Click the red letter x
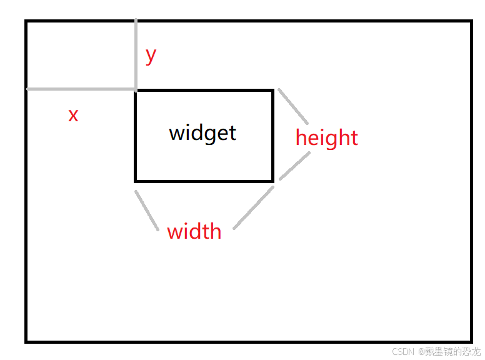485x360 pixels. [73, 115]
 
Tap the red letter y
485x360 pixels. [151, 55]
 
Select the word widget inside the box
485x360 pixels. [202, 132]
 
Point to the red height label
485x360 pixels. [327, 137]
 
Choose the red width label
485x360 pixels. [194, 231]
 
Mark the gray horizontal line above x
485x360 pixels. [81, 89]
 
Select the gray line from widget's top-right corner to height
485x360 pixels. [293, 106]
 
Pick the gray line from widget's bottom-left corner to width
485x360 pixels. [147, 211]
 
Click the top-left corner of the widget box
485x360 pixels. [136, 91]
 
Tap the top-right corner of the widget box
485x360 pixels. [272, 91]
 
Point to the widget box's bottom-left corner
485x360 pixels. [136, 181]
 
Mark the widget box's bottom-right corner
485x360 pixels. [272, 181]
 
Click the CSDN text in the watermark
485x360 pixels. [403, 351]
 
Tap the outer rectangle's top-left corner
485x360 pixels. [26, 21]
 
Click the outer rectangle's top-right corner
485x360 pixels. [471, 21]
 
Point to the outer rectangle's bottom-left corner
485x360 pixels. [26, 341]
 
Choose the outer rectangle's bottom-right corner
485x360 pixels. [471, 341]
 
